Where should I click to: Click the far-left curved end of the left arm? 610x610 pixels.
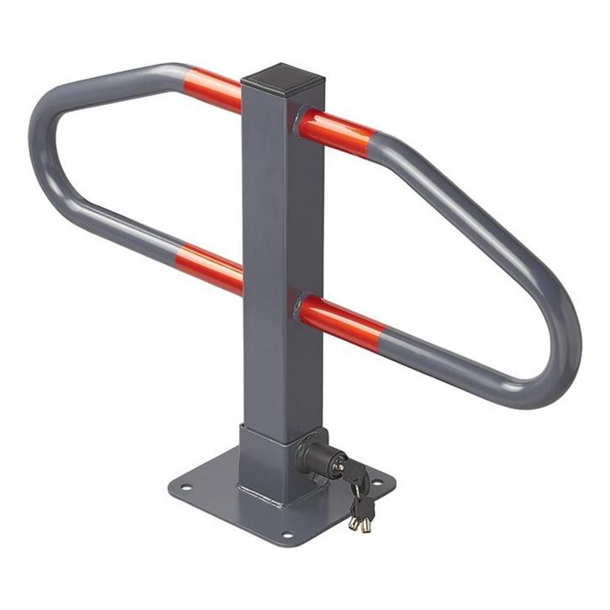[x=41, y=143]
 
